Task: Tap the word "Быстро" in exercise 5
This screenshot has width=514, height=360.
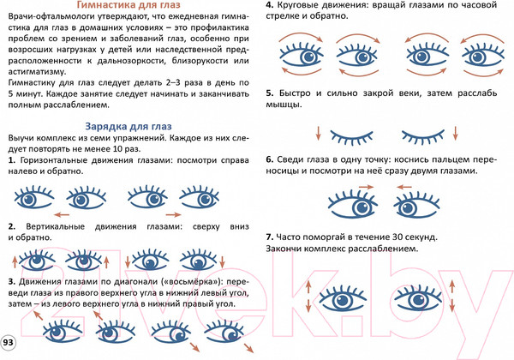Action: [296, 93]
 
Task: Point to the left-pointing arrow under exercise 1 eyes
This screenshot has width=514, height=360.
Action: [63, 212]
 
